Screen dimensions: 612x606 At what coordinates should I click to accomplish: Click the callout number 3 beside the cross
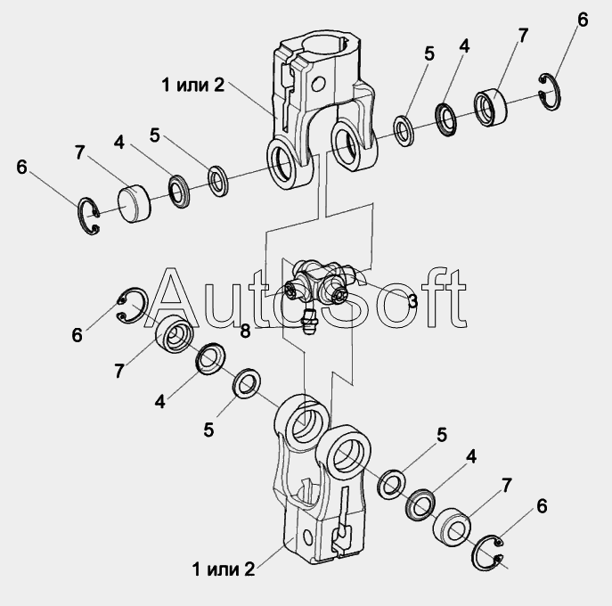[x=412, y=301]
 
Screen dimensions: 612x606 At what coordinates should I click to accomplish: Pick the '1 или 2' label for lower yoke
[x=223, y=569]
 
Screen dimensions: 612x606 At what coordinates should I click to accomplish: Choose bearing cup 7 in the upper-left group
[x=134, y=201]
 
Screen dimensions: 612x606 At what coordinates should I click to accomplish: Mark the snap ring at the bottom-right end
[x=488, y=553]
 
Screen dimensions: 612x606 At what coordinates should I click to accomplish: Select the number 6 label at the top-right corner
[x=583, y=20]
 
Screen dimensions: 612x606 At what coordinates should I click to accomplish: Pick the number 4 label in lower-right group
[x=470, y=456]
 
